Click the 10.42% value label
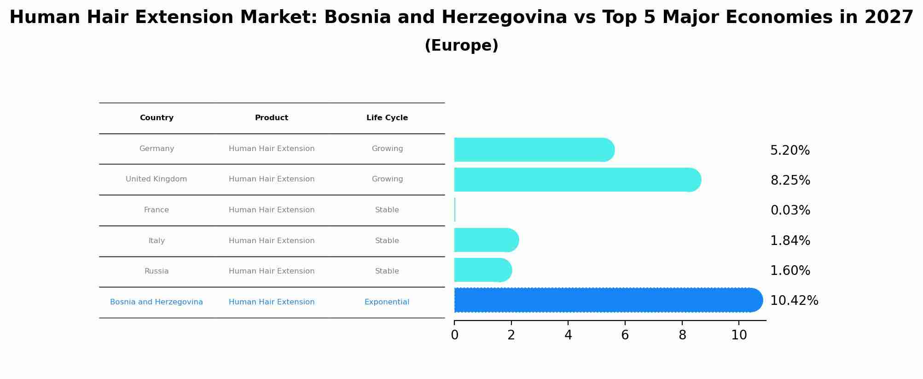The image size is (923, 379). (x=794, y=301)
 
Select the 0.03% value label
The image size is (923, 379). (x=790, y=210)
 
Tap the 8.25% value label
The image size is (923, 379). (x=790, y=181)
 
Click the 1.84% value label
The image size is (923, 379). (x=790, y=241)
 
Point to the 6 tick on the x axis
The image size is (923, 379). (x=625, y=335)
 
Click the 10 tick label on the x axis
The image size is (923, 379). (x=739, y=335)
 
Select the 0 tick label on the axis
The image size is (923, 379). (x=454, y=335)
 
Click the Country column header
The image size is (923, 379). (x=157, y=118)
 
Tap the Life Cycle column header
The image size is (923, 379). (x=387, y=118)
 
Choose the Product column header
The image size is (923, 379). (x=272, y=118)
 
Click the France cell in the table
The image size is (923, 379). (x=157, y=210)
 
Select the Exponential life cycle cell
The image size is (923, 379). (x=387, y=302)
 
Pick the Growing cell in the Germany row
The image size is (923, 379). (x=387, y=149)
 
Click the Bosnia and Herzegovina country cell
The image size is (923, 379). (x=157, y=302)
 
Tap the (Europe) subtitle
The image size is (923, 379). (x=461, y=46)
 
